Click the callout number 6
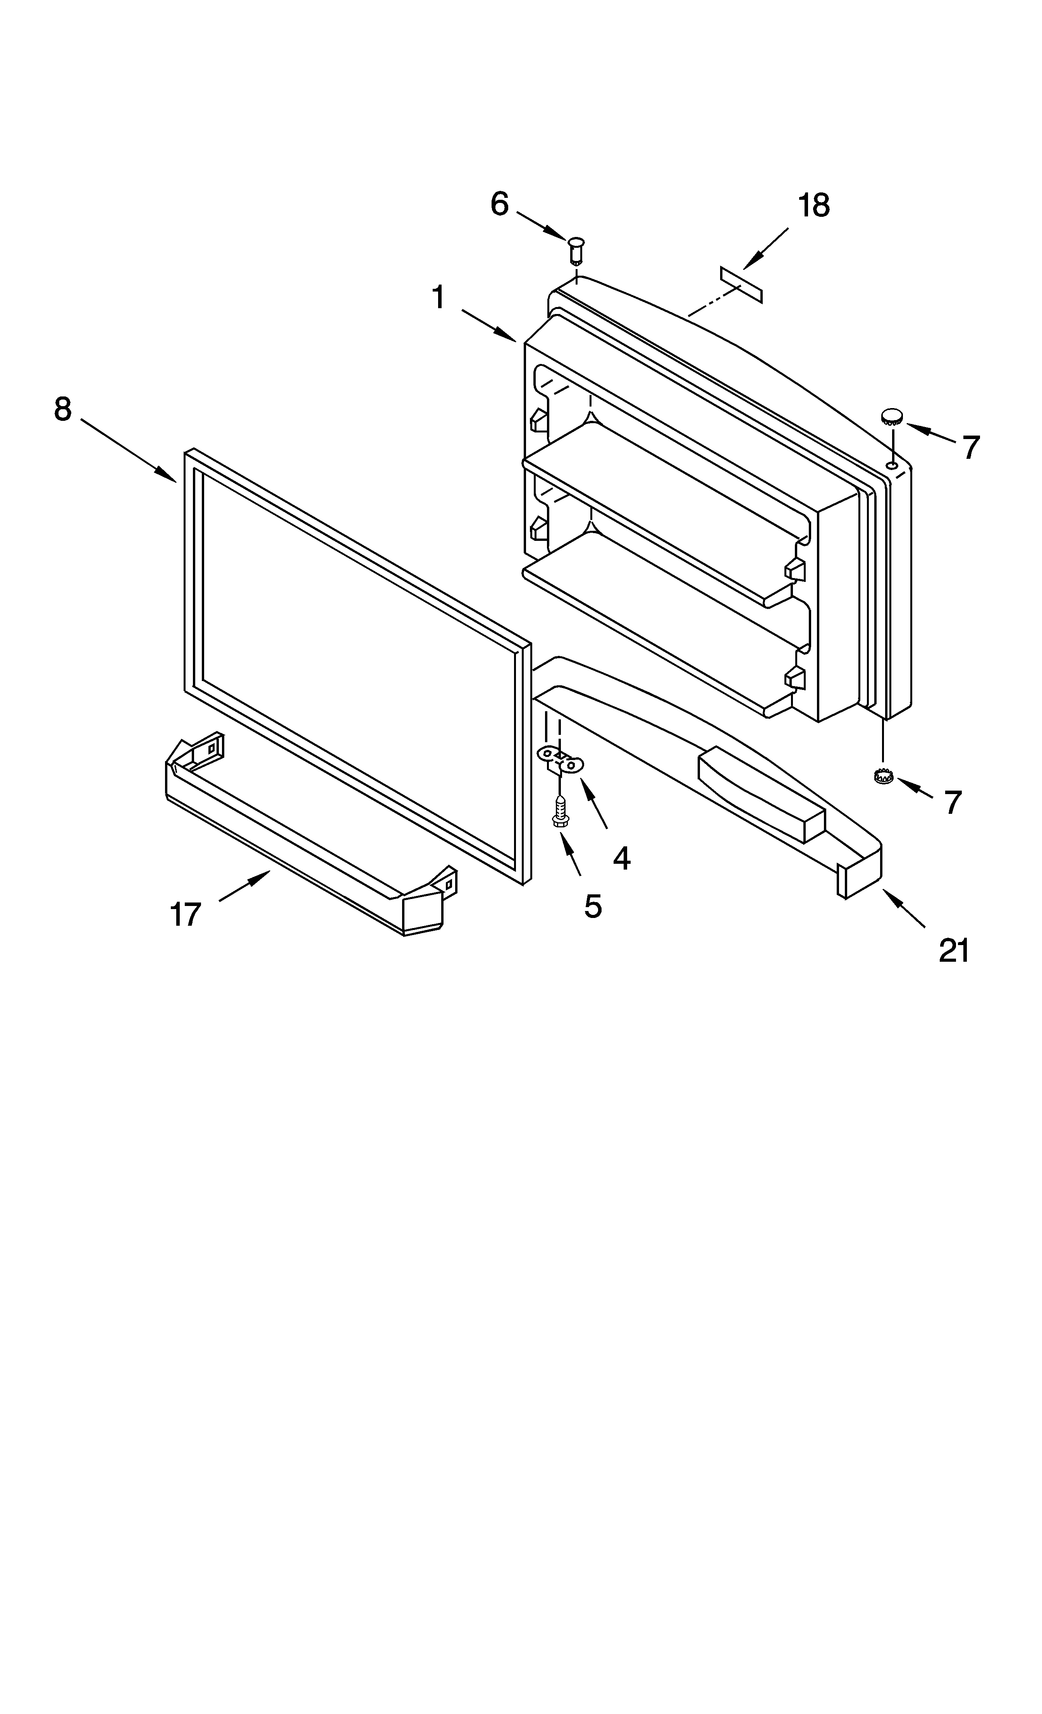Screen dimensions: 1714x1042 coord(499,204)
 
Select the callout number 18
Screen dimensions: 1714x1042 coord(813,206)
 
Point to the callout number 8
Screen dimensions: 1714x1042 coord(63,410)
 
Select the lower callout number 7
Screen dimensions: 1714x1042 coord(953,802)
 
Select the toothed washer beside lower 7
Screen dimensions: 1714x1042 coord(883,776)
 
